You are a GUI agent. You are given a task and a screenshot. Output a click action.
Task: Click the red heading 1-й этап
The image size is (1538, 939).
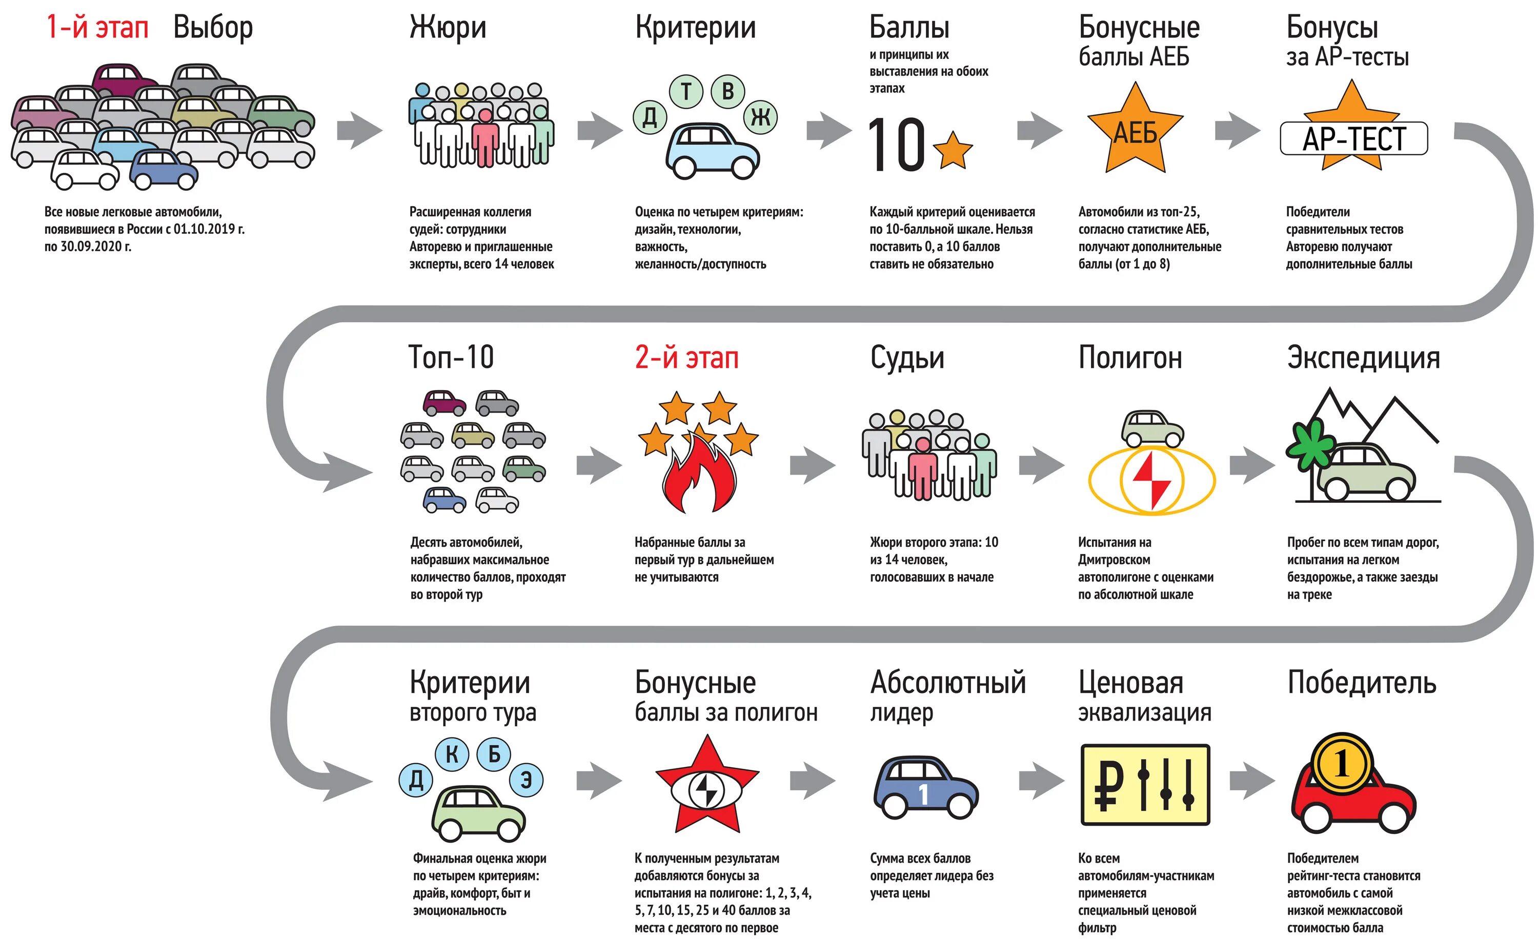[97, 28]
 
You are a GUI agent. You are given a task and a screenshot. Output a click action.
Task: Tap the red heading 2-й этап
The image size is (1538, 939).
[686, 357]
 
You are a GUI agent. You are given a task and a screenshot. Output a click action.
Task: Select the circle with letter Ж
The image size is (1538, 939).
[760, 117]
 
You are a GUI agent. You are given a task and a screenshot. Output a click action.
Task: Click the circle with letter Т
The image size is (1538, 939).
[686, 91]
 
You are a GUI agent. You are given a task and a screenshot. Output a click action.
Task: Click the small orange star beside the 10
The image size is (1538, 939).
[953, 150]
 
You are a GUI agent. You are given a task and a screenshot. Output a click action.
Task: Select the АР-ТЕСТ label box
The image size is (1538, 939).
[1353, 138]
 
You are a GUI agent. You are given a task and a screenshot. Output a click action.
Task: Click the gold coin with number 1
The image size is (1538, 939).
[1341, 763]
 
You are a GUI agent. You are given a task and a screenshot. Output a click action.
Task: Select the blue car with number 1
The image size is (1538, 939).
[925, 788]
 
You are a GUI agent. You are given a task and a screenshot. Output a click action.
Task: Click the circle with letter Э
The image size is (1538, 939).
[526, 780]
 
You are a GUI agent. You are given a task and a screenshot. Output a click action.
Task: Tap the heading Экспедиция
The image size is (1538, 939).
[1363, 357]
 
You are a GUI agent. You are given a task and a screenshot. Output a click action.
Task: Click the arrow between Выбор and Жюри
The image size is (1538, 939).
[359, 130]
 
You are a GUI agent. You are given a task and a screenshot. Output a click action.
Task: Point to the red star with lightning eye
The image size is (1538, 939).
[706, 789]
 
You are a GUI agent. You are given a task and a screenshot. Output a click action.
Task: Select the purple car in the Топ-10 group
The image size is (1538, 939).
[444, 403]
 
